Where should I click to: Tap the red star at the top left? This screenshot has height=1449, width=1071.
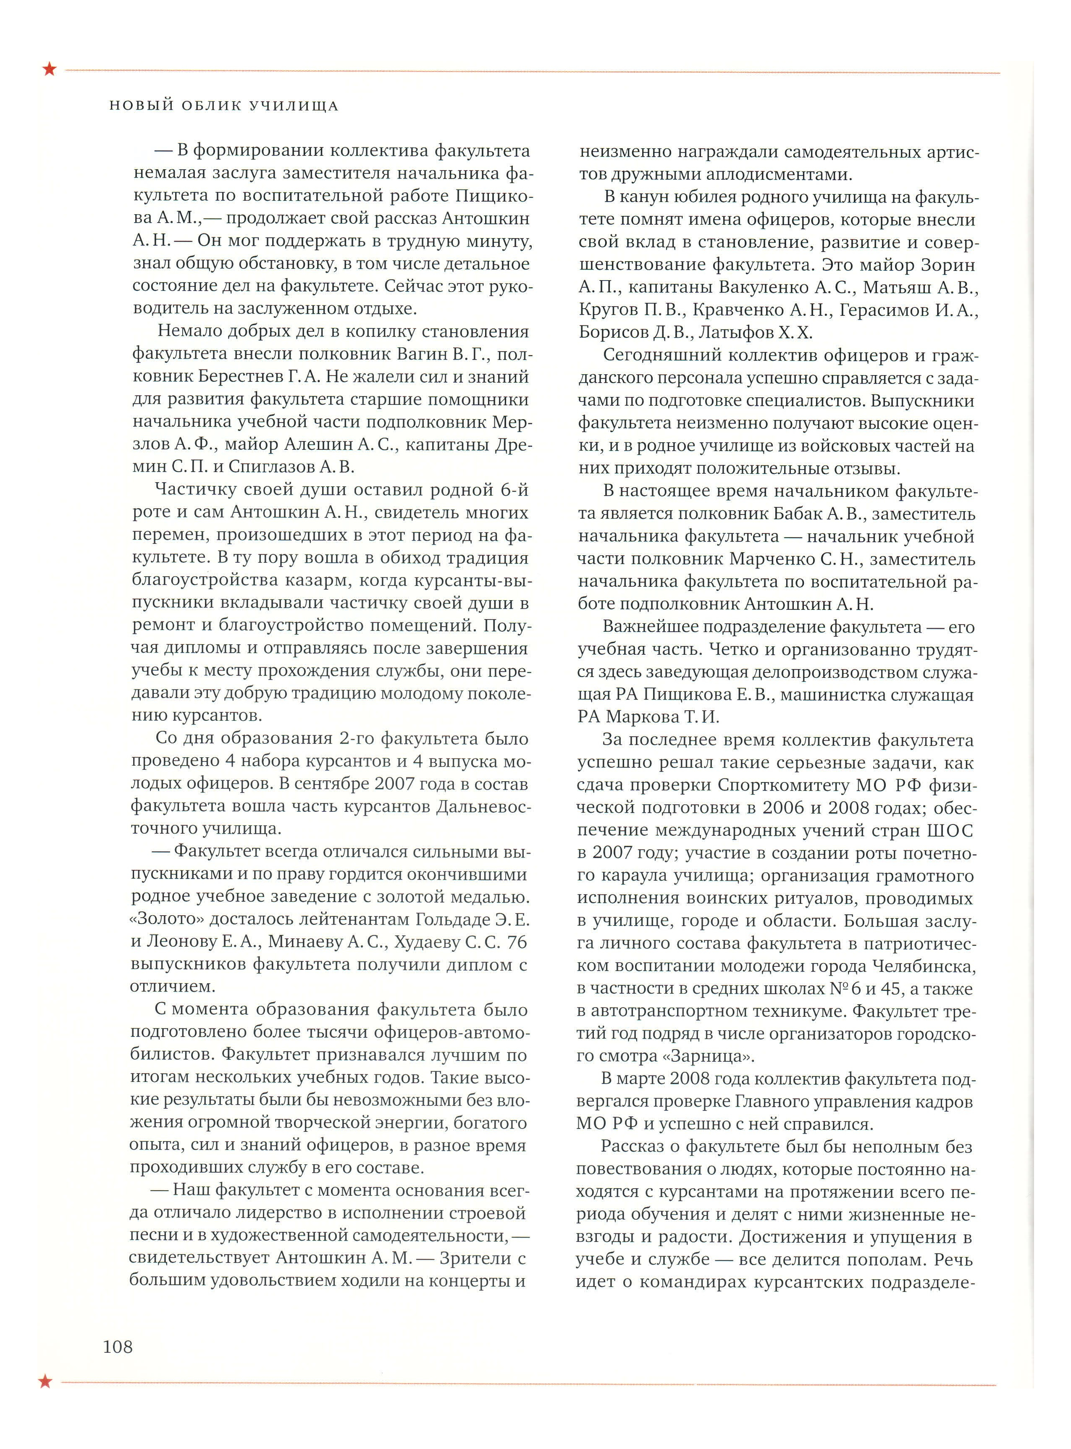click(x=49, y=69)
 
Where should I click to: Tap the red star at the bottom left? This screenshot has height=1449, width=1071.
click(x=45, y=1381)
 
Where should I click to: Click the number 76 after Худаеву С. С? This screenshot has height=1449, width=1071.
click(x=516, y=942)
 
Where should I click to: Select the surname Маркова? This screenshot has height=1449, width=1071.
click(x=640, y=717)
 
